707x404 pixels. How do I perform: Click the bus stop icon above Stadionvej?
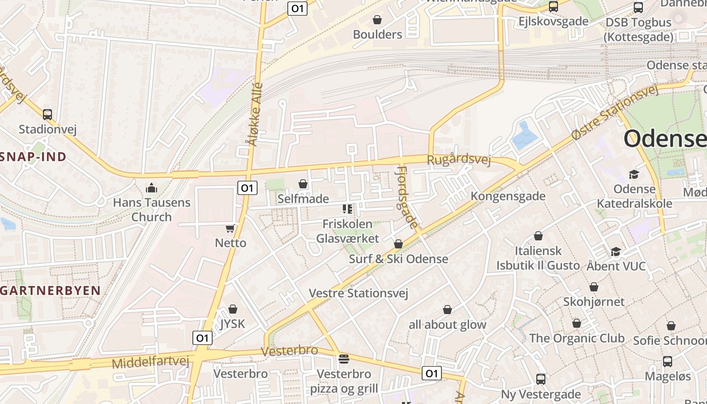(x=47, y=115)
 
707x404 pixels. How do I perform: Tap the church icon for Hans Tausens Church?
(x=151, y=188)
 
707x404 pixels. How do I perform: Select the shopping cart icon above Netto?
(x=230, y=228)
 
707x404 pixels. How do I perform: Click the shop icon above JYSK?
(x=233, y=309)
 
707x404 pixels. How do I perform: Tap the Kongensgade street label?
(x=508, y=196)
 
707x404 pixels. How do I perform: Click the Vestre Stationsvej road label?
(x=359, y=293)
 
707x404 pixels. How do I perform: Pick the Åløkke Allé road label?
(x=255, y=114)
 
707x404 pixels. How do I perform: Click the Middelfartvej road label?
(x=150, y=362)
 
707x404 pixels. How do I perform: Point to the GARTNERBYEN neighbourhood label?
(x=50, y=290)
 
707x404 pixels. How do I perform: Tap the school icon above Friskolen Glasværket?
(x=347, y=209)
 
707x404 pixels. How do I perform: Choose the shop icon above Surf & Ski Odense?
(x=398, y=244)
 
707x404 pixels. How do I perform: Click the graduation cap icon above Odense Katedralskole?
(x=634, y=174)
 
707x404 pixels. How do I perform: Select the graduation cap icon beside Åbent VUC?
(x=616, y=251)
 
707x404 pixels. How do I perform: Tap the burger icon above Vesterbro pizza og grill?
(x=344, y=359)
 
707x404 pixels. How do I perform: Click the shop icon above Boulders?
(x=377, y=20)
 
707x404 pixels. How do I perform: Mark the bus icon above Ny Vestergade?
(x=541, y=379)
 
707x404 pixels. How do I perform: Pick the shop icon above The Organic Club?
(x=577, y=323)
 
